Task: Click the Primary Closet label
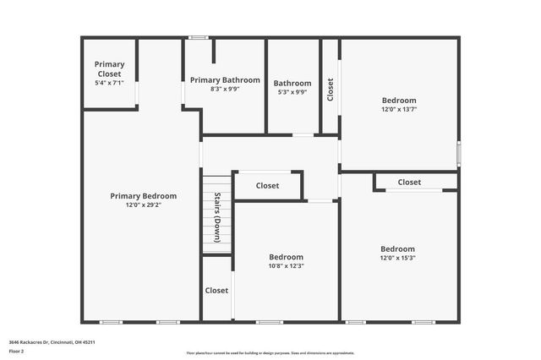[109, 68]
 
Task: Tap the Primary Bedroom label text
[144, 195]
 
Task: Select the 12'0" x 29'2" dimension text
[144, 205]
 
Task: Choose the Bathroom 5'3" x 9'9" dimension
[292, 92]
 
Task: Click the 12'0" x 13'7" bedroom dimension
[399, 108]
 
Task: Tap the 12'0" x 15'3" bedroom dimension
[397, 258]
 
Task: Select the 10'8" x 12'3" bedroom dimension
[286, 265]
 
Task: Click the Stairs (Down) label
[217, 218]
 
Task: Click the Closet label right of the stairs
[267, 185]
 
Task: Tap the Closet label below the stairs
[216, 290]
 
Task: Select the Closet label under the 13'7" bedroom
[409, 182]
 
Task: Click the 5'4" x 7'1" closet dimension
[109, 83]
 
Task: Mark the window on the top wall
[199, 37]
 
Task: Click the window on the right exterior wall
[459, 154]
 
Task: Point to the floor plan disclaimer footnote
[270, 353]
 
